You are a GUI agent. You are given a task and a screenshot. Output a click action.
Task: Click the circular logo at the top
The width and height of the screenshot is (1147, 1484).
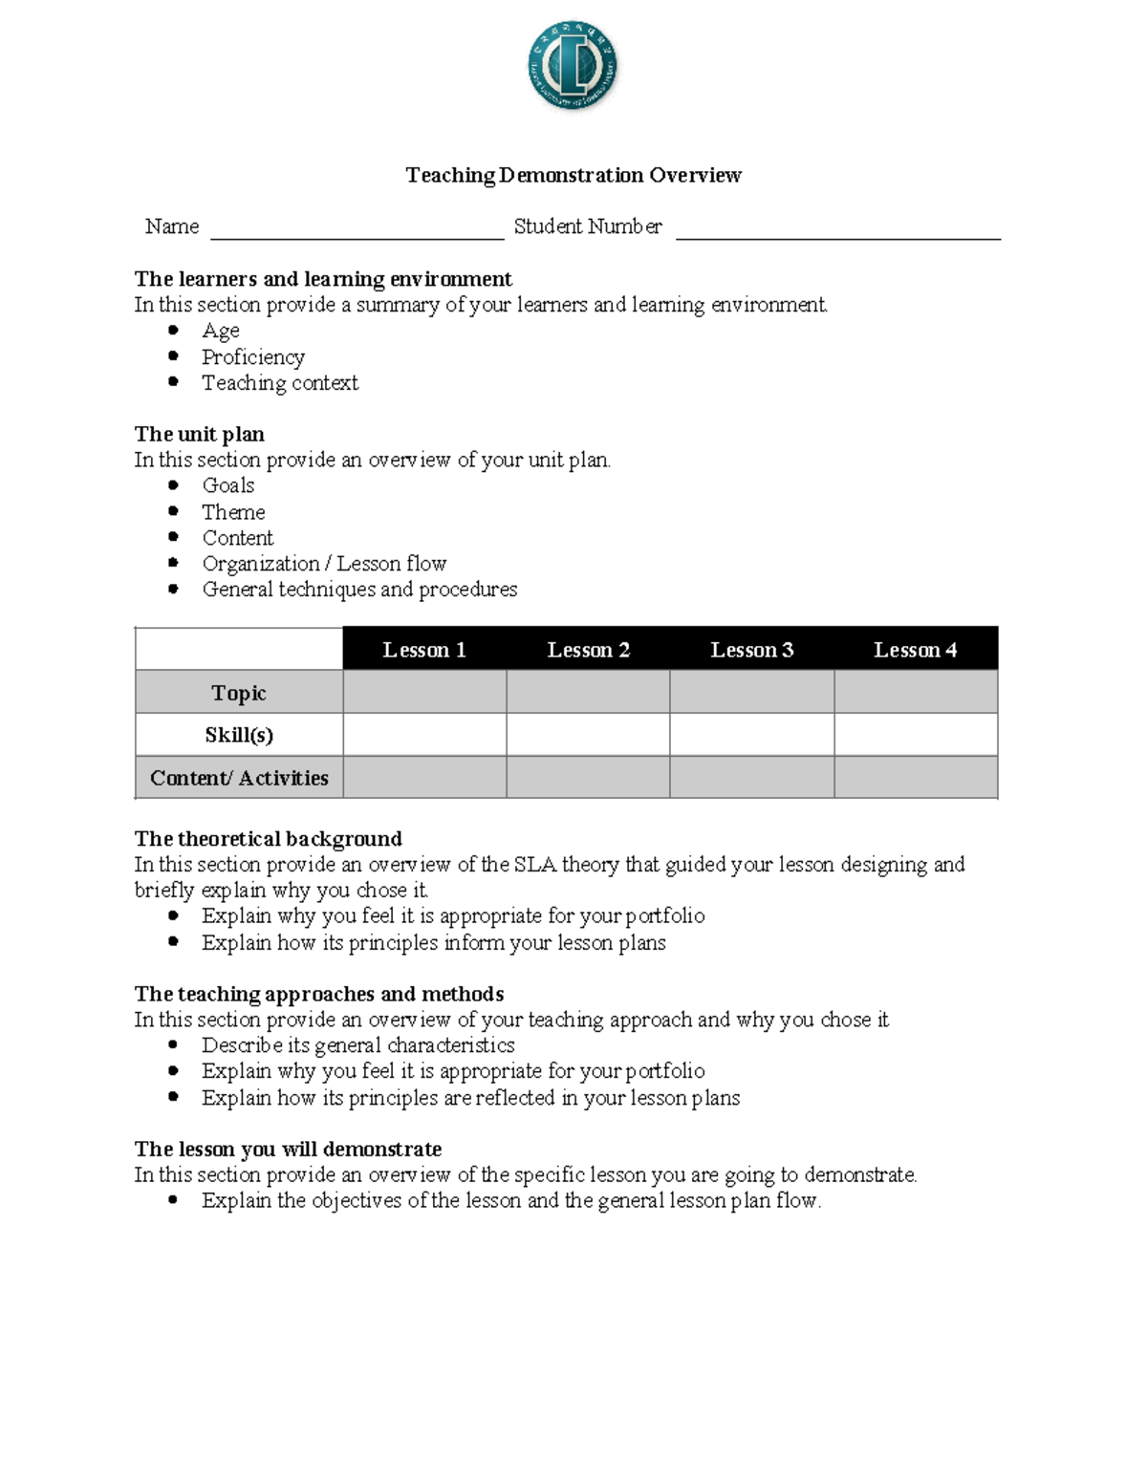tap(573, 66)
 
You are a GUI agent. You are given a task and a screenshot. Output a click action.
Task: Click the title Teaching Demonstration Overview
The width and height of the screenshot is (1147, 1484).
tap(573, 175)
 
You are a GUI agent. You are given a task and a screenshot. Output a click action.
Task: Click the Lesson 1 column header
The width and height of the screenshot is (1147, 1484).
tap(424, 650)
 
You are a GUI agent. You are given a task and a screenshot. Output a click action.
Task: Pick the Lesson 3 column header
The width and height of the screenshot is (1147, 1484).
tap(751, 650)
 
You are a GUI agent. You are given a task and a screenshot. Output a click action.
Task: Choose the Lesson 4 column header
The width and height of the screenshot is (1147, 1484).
tap(915, 650)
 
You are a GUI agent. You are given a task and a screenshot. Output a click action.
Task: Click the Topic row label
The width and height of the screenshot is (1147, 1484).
tap(239, 693)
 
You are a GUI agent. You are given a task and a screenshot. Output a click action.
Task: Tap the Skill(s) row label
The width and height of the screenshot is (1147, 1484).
tap(239, 735)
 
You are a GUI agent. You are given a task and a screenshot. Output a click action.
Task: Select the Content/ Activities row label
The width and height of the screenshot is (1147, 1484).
tap(239, 778)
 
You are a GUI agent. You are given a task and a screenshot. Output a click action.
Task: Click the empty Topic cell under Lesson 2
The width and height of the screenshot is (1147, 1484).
tap(588, 692)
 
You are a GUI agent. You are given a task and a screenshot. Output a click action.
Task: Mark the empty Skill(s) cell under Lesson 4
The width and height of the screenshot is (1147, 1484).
tap(916, 735)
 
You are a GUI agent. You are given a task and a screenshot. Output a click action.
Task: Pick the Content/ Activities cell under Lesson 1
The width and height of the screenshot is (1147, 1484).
tap(424, 777)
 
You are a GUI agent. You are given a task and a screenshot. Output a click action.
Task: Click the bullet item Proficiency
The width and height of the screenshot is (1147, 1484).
tap(253, 357)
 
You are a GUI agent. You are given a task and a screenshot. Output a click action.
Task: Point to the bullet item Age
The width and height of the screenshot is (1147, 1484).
tap(221, 332)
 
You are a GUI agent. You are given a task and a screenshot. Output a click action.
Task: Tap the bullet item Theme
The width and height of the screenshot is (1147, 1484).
tap(233, 512)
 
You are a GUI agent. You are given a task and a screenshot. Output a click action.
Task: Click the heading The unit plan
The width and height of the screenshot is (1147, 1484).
tap(199, 435)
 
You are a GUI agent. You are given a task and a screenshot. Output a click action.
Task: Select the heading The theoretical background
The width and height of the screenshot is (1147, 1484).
tap(268, 839)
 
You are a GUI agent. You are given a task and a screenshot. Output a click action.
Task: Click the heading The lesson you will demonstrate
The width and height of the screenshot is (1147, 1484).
tap(288, 1149)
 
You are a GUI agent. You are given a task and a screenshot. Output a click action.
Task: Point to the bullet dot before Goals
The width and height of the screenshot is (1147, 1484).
tap(173, 485)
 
